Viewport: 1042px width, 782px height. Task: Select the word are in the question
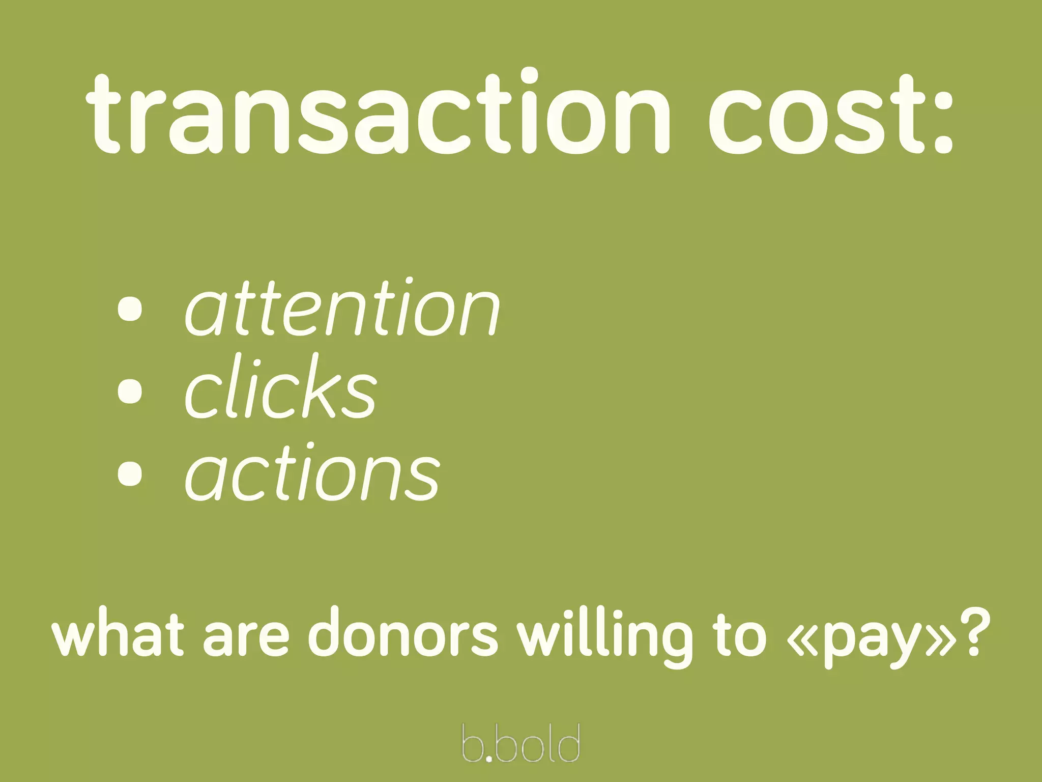click(246, 639)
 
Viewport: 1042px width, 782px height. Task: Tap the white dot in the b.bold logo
click(489, 758)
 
